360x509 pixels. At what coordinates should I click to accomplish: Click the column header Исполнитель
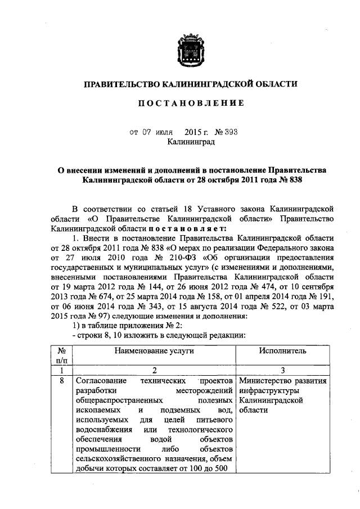pos(282,350)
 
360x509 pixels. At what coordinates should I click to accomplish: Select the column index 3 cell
pos(282,370)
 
